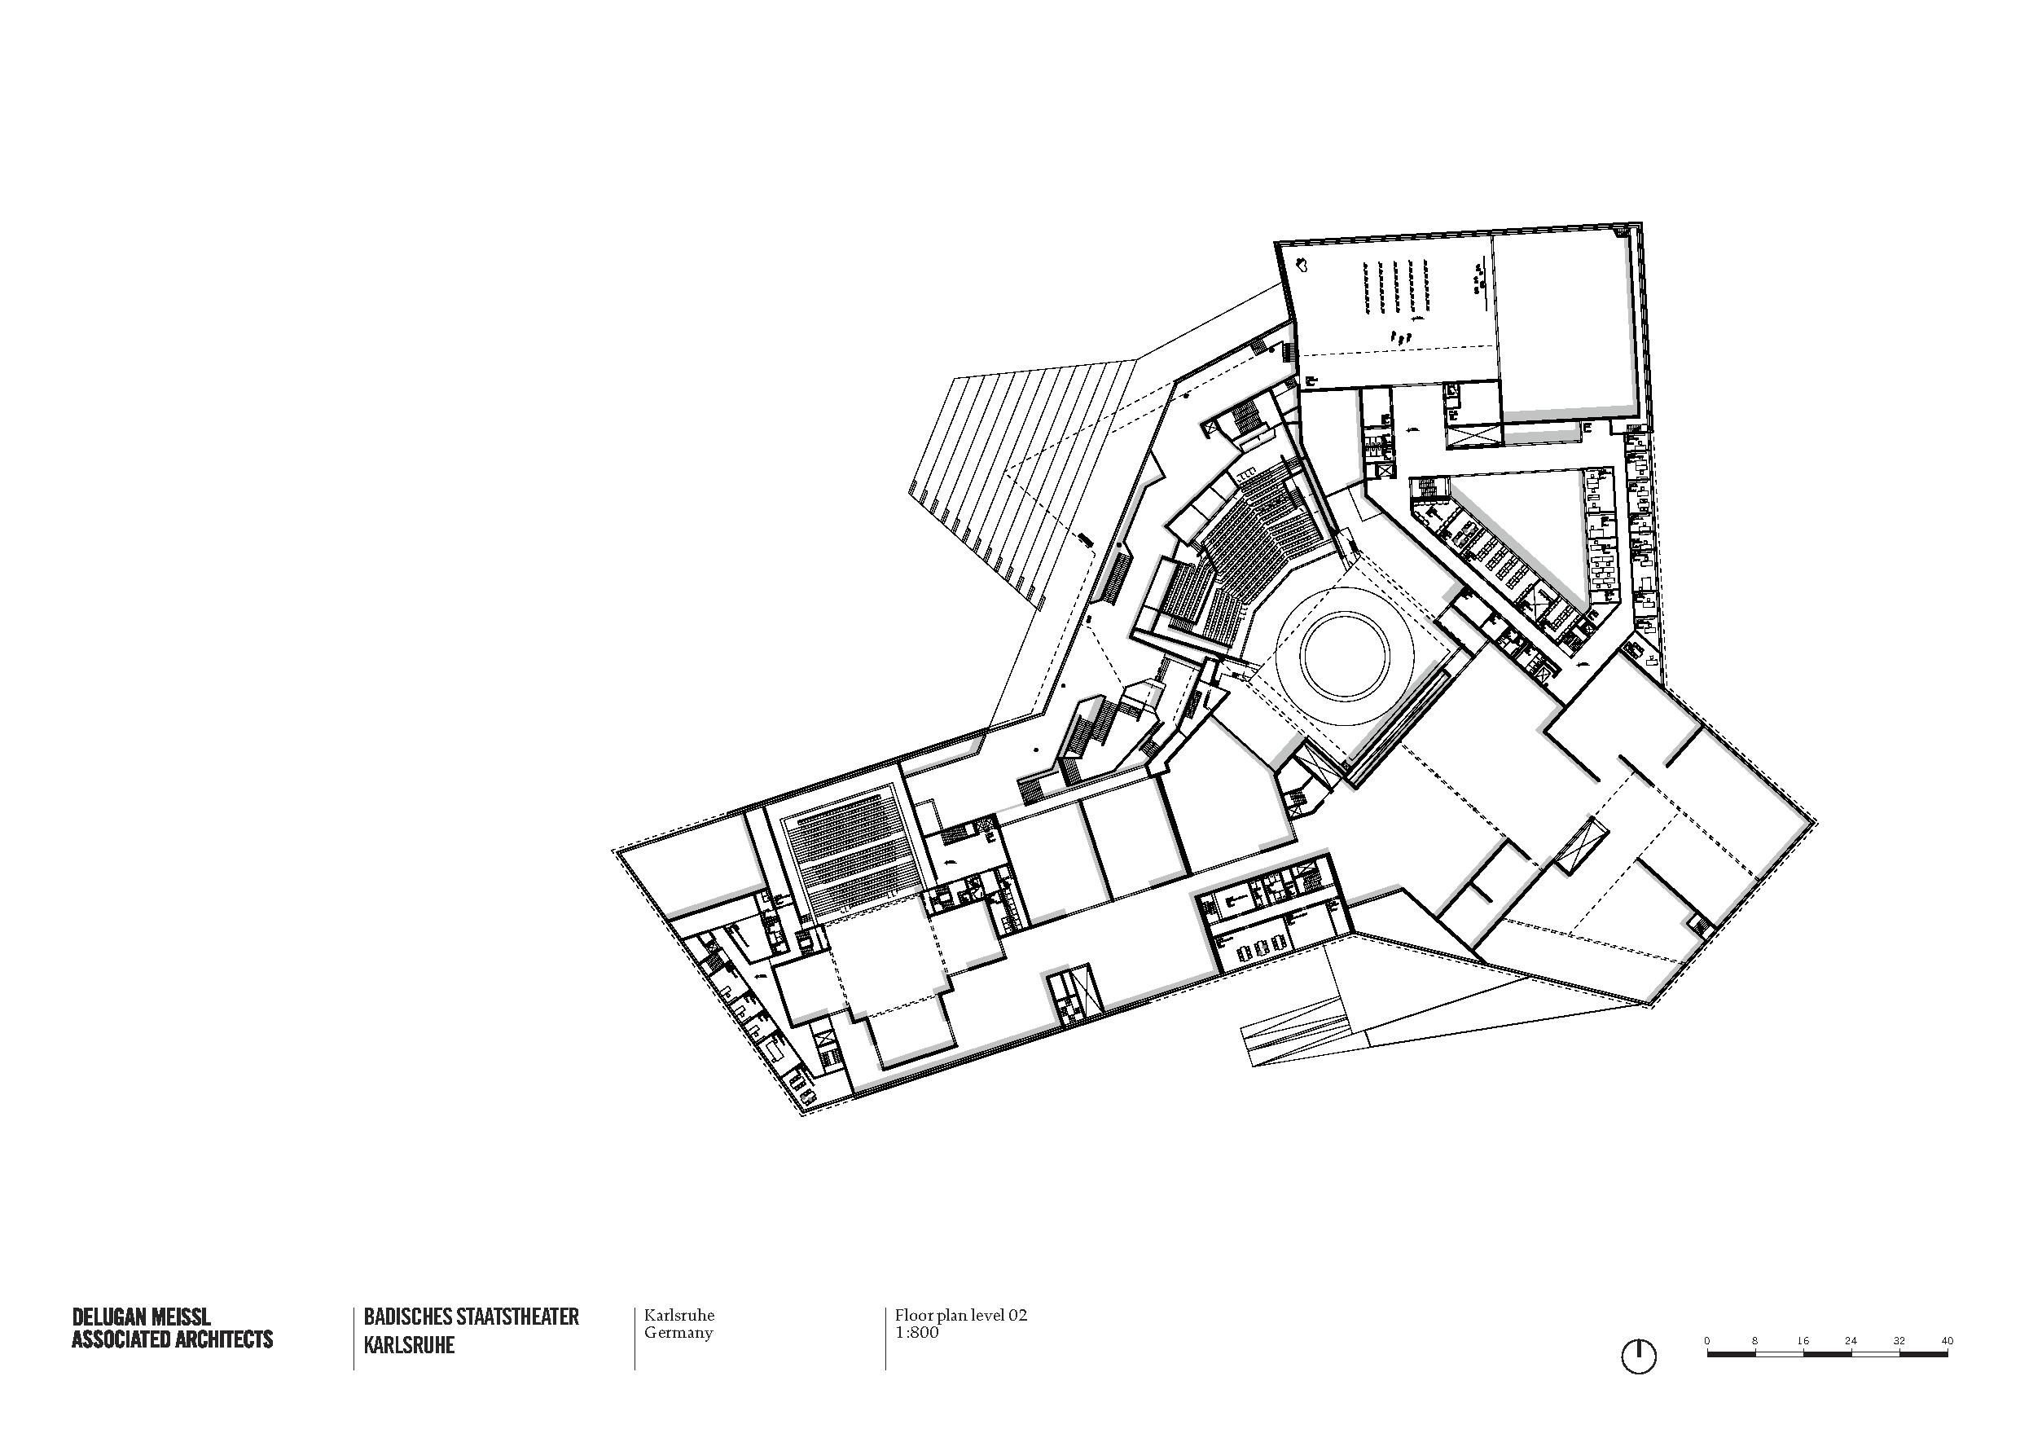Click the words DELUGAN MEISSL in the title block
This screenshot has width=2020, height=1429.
coord(141,1317)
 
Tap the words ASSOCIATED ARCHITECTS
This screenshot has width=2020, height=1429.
coord(173,1339)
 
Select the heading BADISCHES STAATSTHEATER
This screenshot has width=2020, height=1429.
coord(472,1317)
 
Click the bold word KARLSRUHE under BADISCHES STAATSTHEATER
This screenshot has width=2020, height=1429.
coord(409,1346)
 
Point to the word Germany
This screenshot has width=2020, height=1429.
coord(678,1332)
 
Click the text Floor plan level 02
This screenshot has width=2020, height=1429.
coord(961,1317)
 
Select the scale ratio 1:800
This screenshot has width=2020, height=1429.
coord(917,1332)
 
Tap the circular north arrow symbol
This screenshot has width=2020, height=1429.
coord(1638,1356)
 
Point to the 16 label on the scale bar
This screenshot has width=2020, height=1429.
coord(1803,1341)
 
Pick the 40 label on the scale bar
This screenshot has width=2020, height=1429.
coord(1947,1341)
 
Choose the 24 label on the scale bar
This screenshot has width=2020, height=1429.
coord(1851,1341)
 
